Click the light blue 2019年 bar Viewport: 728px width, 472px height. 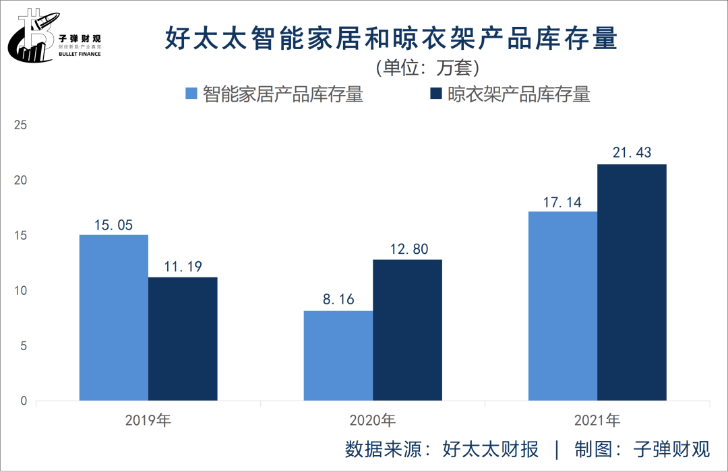click(114, 318)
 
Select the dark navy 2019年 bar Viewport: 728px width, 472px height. click(183, 339)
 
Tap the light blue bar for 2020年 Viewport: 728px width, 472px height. click(338, 356)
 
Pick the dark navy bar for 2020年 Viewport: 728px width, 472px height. click(407, 331)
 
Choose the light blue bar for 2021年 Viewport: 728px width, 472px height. click(563, 306)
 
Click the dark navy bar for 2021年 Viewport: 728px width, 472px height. click(632, 283)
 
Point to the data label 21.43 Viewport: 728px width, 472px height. click(632, 153)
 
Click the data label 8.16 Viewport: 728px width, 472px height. click(338, 299)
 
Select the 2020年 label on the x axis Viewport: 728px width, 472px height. click(373, 421)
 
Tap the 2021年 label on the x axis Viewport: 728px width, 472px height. click(597, 421)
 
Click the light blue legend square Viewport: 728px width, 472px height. click(191, 94)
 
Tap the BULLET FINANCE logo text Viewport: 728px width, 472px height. click(80, 54)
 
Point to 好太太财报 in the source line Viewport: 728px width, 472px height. click(491, 450)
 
